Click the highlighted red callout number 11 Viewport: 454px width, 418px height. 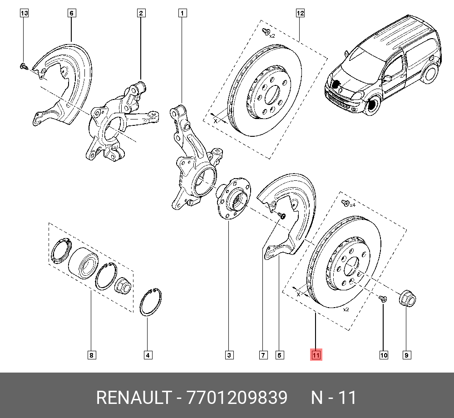pyautogui.click(x=316, y=355)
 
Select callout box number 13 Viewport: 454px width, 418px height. pyautogui.click(x=24, y=14)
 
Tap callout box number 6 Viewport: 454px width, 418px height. pyautogui.click(x=71, y=14)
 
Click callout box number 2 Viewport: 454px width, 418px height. pyautogui.click(x=141, y=14)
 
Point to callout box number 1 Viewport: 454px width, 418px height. pyautogui.click(x=182, y=14)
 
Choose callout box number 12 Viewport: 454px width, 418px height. pyautogui.click(x=300, y=14)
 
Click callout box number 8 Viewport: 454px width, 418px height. pyautogui.click(x=92, y=355)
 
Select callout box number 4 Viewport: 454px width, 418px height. pyautogui.click(x=147, y=355)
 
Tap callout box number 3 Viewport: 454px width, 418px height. pyautogui.click(x=229, y=355)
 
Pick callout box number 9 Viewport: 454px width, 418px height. pyautogui.click(x=407, y=355)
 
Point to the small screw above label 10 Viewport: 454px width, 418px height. pyautogui.click(x=382, y=299)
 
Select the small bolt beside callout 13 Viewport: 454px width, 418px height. pyautogui.click(x=24, y=67)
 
